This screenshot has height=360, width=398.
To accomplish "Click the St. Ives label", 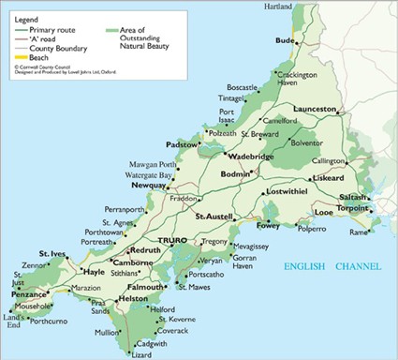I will pyautogui.click(x=52, y=254).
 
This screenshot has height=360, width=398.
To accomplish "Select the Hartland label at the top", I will pyautogui.click(x=304, y=7).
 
